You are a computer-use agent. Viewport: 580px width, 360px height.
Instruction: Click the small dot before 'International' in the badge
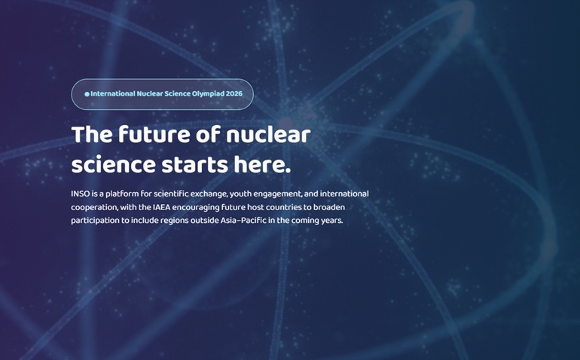(x=87, y=94)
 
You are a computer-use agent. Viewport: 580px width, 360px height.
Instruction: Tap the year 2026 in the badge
(x=234, y=93)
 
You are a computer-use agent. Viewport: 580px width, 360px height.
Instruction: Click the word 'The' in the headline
(x=92, y=134)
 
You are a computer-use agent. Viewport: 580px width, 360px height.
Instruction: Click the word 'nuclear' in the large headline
(x=268, y=134)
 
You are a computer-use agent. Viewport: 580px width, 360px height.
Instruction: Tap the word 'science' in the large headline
(x=113, y=165)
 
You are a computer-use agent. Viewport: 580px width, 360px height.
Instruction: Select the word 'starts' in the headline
(x=194, y=166)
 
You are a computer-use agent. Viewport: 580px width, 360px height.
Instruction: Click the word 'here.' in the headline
(x=262, y=165)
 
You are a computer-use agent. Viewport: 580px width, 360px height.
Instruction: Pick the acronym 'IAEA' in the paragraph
(x=162, y=207)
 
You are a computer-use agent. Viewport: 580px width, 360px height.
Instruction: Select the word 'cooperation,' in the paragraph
(x=94, y=208)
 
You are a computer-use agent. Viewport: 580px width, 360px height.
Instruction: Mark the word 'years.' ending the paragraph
(x=332, y=221)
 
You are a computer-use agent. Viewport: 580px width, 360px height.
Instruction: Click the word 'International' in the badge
(x=113, y=93)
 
